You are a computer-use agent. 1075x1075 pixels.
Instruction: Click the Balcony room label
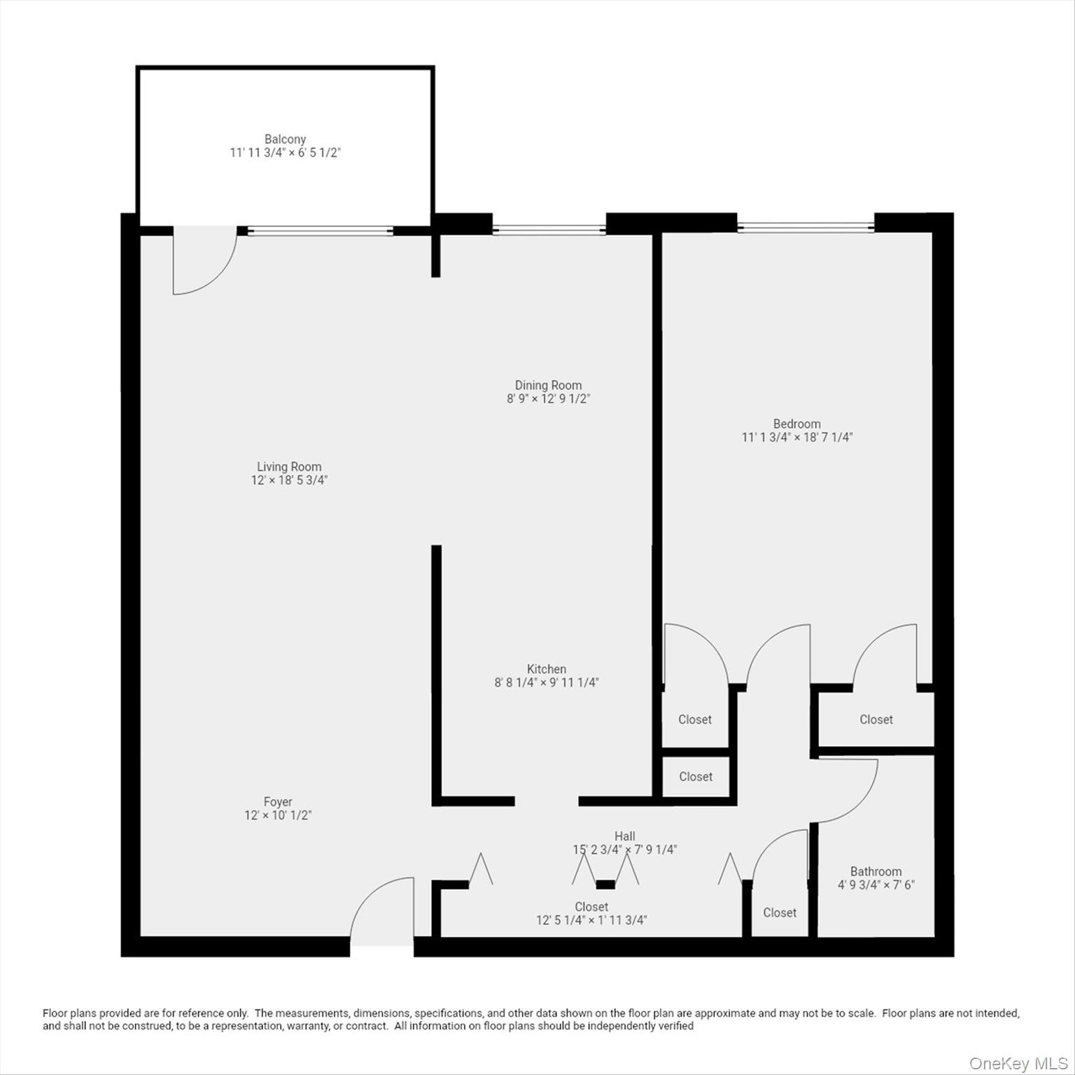click(x=285, y=139)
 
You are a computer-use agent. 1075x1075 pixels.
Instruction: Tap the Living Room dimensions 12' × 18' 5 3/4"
click(x=289, y=480)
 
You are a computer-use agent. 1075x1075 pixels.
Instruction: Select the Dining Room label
click(x=548, y=385)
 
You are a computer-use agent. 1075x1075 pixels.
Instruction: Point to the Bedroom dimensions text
click(x=796, y=437)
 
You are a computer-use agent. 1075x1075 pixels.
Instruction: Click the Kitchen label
click(x=547, y=669)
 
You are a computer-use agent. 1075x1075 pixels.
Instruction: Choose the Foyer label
click(x=278, y=801)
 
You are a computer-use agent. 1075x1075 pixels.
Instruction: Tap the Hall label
click(x=625, y=836)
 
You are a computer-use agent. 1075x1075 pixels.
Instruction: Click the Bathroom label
click(x=876, y=871)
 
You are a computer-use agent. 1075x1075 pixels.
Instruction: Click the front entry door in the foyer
click(x=381, y=910)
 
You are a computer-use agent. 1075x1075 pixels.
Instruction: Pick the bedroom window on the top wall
click(x=805, y=227)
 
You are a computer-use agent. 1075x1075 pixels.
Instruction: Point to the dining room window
click(x=549, y=230)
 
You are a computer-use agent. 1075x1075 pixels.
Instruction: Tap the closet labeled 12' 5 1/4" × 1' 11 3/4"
click(x=591, y=913)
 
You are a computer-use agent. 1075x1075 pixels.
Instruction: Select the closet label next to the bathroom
click(x=780, y=913)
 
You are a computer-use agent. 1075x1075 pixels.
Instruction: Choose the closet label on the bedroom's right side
click(x=876, y=719)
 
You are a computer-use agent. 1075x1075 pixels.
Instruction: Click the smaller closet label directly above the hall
click(x=696, y=777)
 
